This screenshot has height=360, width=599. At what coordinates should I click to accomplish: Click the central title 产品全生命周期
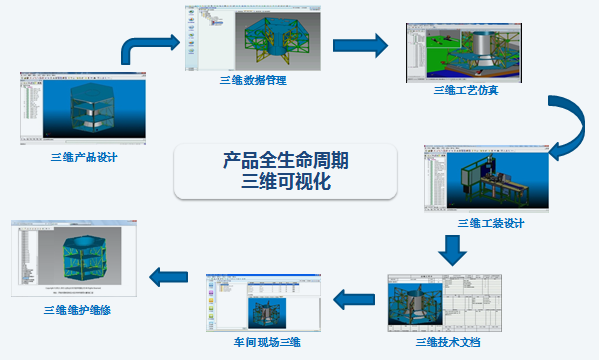tap(285, 160)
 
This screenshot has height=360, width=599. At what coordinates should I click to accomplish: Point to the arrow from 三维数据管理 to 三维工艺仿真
tap(359, 44)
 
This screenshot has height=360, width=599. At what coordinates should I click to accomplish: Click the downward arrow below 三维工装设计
tap(452, 248)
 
